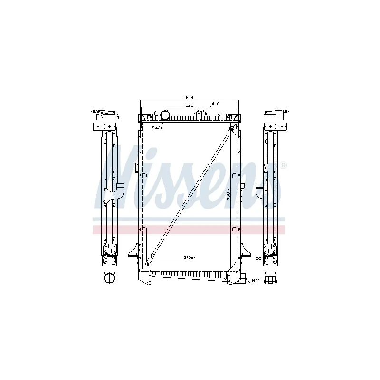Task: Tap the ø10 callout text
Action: (x=215, y=104)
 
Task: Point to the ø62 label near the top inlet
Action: (x=155, y=127)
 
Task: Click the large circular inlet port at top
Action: (x=166, y=115)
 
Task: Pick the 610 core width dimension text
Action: (x=190, y=257)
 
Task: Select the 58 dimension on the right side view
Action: (x=258, y=258)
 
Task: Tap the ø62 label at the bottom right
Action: (x=255, y=281)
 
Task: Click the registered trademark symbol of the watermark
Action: (x=283, y=166)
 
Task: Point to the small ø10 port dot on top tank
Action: (x=206, y=113)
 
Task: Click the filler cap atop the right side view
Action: (x=285, y=114)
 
